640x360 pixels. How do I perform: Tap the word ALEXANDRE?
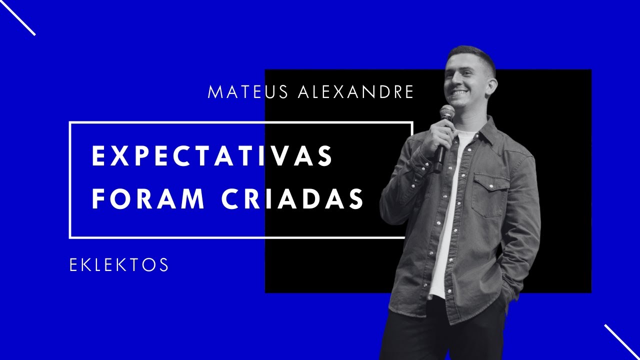(x=355, y=92)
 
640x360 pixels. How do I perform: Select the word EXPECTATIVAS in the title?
(x=212, y=156)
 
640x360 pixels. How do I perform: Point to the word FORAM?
(x=148, y=199)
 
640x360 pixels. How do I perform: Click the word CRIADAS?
(x=292, y=199)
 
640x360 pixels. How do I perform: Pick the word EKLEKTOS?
(x=119, y=265)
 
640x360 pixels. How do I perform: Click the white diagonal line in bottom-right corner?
(x=622, y=342)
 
